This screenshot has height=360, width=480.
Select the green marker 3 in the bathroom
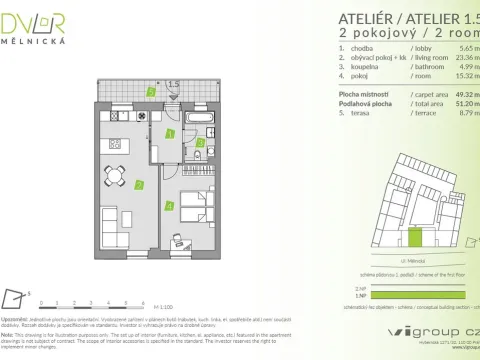click(x=200, y=143)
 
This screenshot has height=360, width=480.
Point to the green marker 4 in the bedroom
click(x=170, y=206)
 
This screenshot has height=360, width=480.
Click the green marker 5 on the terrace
click(x=150, y=91)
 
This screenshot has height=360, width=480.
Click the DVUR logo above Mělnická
click(x=36, y=19)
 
